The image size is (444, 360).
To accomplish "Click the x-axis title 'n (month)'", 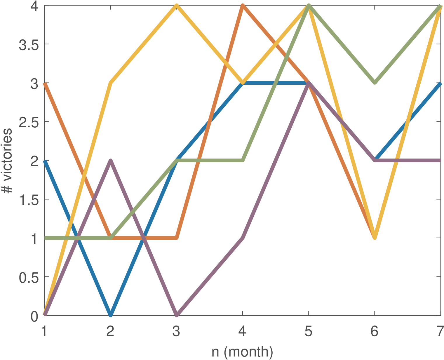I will click(242, 352).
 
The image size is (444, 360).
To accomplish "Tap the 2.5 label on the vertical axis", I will click(29, 122).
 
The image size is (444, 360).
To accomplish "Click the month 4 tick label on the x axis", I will click(242, 332).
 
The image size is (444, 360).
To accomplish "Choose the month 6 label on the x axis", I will click(375, 332).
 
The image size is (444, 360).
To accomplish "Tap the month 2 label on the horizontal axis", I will click(110, 332).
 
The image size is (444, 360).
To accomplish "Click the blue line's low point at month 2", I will click(110, 315).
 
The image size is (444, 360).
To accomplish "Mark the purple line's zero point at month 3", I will click(177, 315).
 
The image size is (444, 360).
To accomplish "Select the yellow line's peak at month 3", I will click(177, 6).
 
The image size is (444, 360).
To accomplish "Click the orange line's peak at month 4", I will click(243, 6).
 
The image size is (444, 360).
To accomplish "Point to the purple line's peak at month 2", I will click(110, 161).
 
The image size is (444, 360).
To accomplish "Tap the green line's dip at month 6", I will click(375, 83).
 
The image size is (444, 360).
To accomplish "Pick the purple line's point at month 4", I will click(243, 238).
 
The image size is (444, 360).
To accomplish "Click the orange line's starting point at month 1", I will click(45, 83).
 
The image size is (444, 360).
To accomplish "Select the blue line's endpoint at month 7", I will click(440, 84).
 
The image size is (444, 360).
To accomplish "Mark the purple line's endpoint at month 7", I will click(440, 160).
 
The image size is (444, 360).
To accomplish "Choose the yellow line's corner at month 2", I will click(110, 83).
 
